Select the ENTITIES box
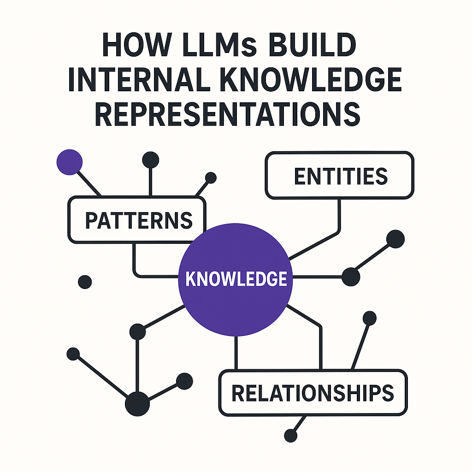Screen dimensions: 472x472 click(339, 176)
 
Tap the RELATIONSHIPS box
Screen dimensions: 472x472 click(313, 393)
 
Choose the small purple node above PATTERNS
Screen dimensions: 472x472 click(69, 162)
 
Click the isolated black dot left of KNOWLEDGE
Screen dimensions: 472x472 click(85, 282)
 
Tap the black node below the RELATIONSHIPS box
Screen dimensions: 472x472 click(290, 435)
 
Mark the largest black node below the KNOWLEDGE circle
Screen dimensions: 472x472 click(137, 404)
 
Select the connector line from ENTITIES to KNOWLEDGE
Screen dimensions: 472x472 click(340, 217)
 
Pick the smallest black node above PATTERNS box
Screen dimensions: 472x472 click(211, 177)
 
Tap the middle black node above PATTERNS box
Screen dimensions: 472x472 click(151, 160)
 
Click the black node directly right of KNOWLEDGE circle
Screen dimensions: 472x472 click(350, 276)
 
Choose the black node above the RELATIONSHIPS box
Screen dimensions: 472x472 click(370, 318)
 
